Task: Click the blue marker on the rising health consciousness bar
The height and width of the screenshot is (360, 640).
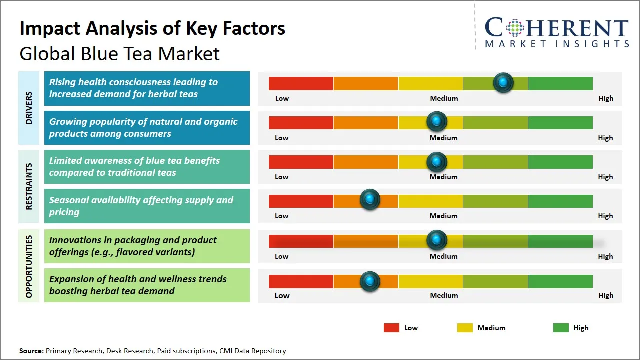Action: [503, 82]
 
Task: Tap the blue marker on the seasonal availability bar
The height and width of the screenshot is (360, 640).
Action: [370, 200]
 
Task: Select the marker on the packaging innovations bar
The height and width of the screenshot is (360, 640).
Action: [437, 240]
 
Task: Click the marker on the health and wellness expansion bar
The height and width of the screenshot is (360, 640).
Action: [370, 281]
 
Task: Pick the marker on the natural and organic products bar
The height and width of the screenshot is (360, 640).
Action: [437, 121]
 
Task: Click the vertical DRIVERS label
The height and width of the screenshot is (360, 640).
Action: [29, 108]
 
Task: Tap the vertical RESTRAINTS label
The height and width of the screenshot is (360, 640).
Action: [29, 186]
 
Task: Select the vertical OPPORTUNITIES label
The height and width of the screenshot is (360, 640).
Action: [29, 266]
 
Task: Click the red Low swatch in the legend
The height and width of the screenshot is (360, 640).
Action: [391, 328]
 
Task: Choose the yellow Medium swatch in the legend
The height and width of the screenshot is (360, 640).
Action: [465, 328]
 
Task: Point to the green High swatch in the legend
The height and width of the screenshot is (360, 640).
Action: [561, 328]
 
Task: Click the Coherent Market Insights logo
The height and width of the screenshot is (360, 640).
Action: [556, 32]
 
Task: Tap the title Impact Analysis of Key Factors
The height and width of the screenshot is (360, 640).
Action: [152, 28]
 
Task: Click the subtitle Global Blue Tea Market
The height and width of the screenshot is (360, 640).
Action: [120, 53]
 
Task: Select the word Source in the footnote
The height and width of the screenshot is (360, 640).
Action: [31, 351]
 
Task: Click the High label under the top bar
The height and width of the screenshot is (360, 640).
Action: [605, 98]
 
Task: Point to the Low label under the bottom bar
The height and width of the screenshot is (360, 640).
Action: [282, 295]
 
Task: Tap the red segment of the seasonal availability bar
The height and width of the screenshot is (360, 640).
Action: [301, 201]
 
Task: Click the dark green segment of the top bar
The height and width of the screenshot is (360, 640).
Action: [560, 83]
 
